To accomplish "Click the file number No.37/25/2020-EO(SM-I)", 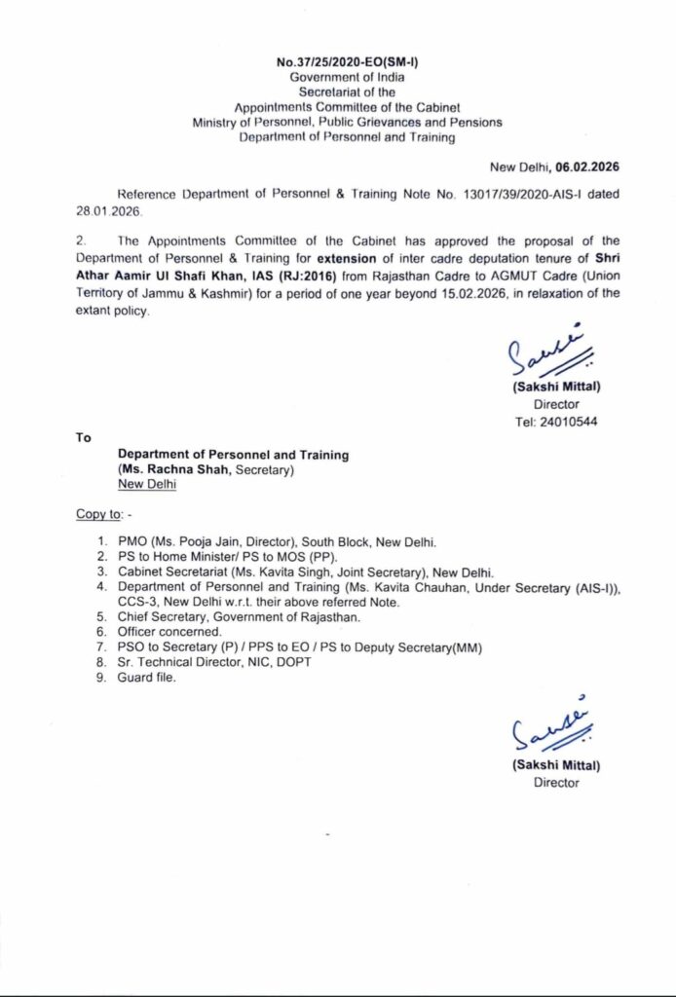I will [338, 61].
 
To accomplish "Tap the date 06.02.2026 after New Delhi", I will [587, 166].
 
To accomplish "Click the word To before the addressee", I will [83, 437].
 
